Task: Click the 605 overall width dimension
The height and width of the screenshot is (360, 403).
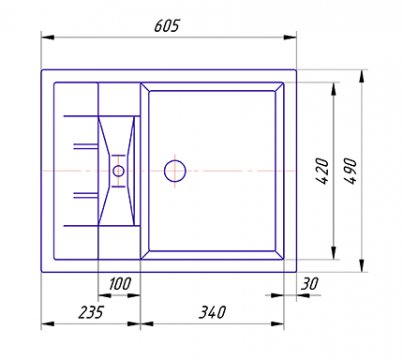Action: pyautogui.click(x=166, y=26)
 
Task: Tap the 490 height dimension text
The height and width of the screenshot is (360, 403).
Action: pyautogui.click(x=350, y=171)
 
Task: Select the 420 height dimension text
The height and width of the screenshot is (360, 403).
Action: pyautogui.click(x=322, y=171)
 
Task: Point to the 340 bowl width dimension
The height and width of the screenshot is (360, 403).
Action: pyautogui.click(x=212, y=312)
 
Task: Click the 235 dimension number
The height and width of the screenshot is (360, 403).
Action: pyautogui.click(x=91, y=312)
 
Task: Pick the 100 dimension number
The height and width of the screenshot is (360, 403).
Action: pyautogui.click(x=120, y=284)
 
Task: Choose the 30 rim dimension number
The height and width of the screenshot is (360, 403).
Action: pyautogui.click(x=310, y=284)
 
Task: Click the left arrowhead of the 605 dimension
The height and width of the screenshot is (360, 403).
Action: pyautogui.click(x=48, y=37)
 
